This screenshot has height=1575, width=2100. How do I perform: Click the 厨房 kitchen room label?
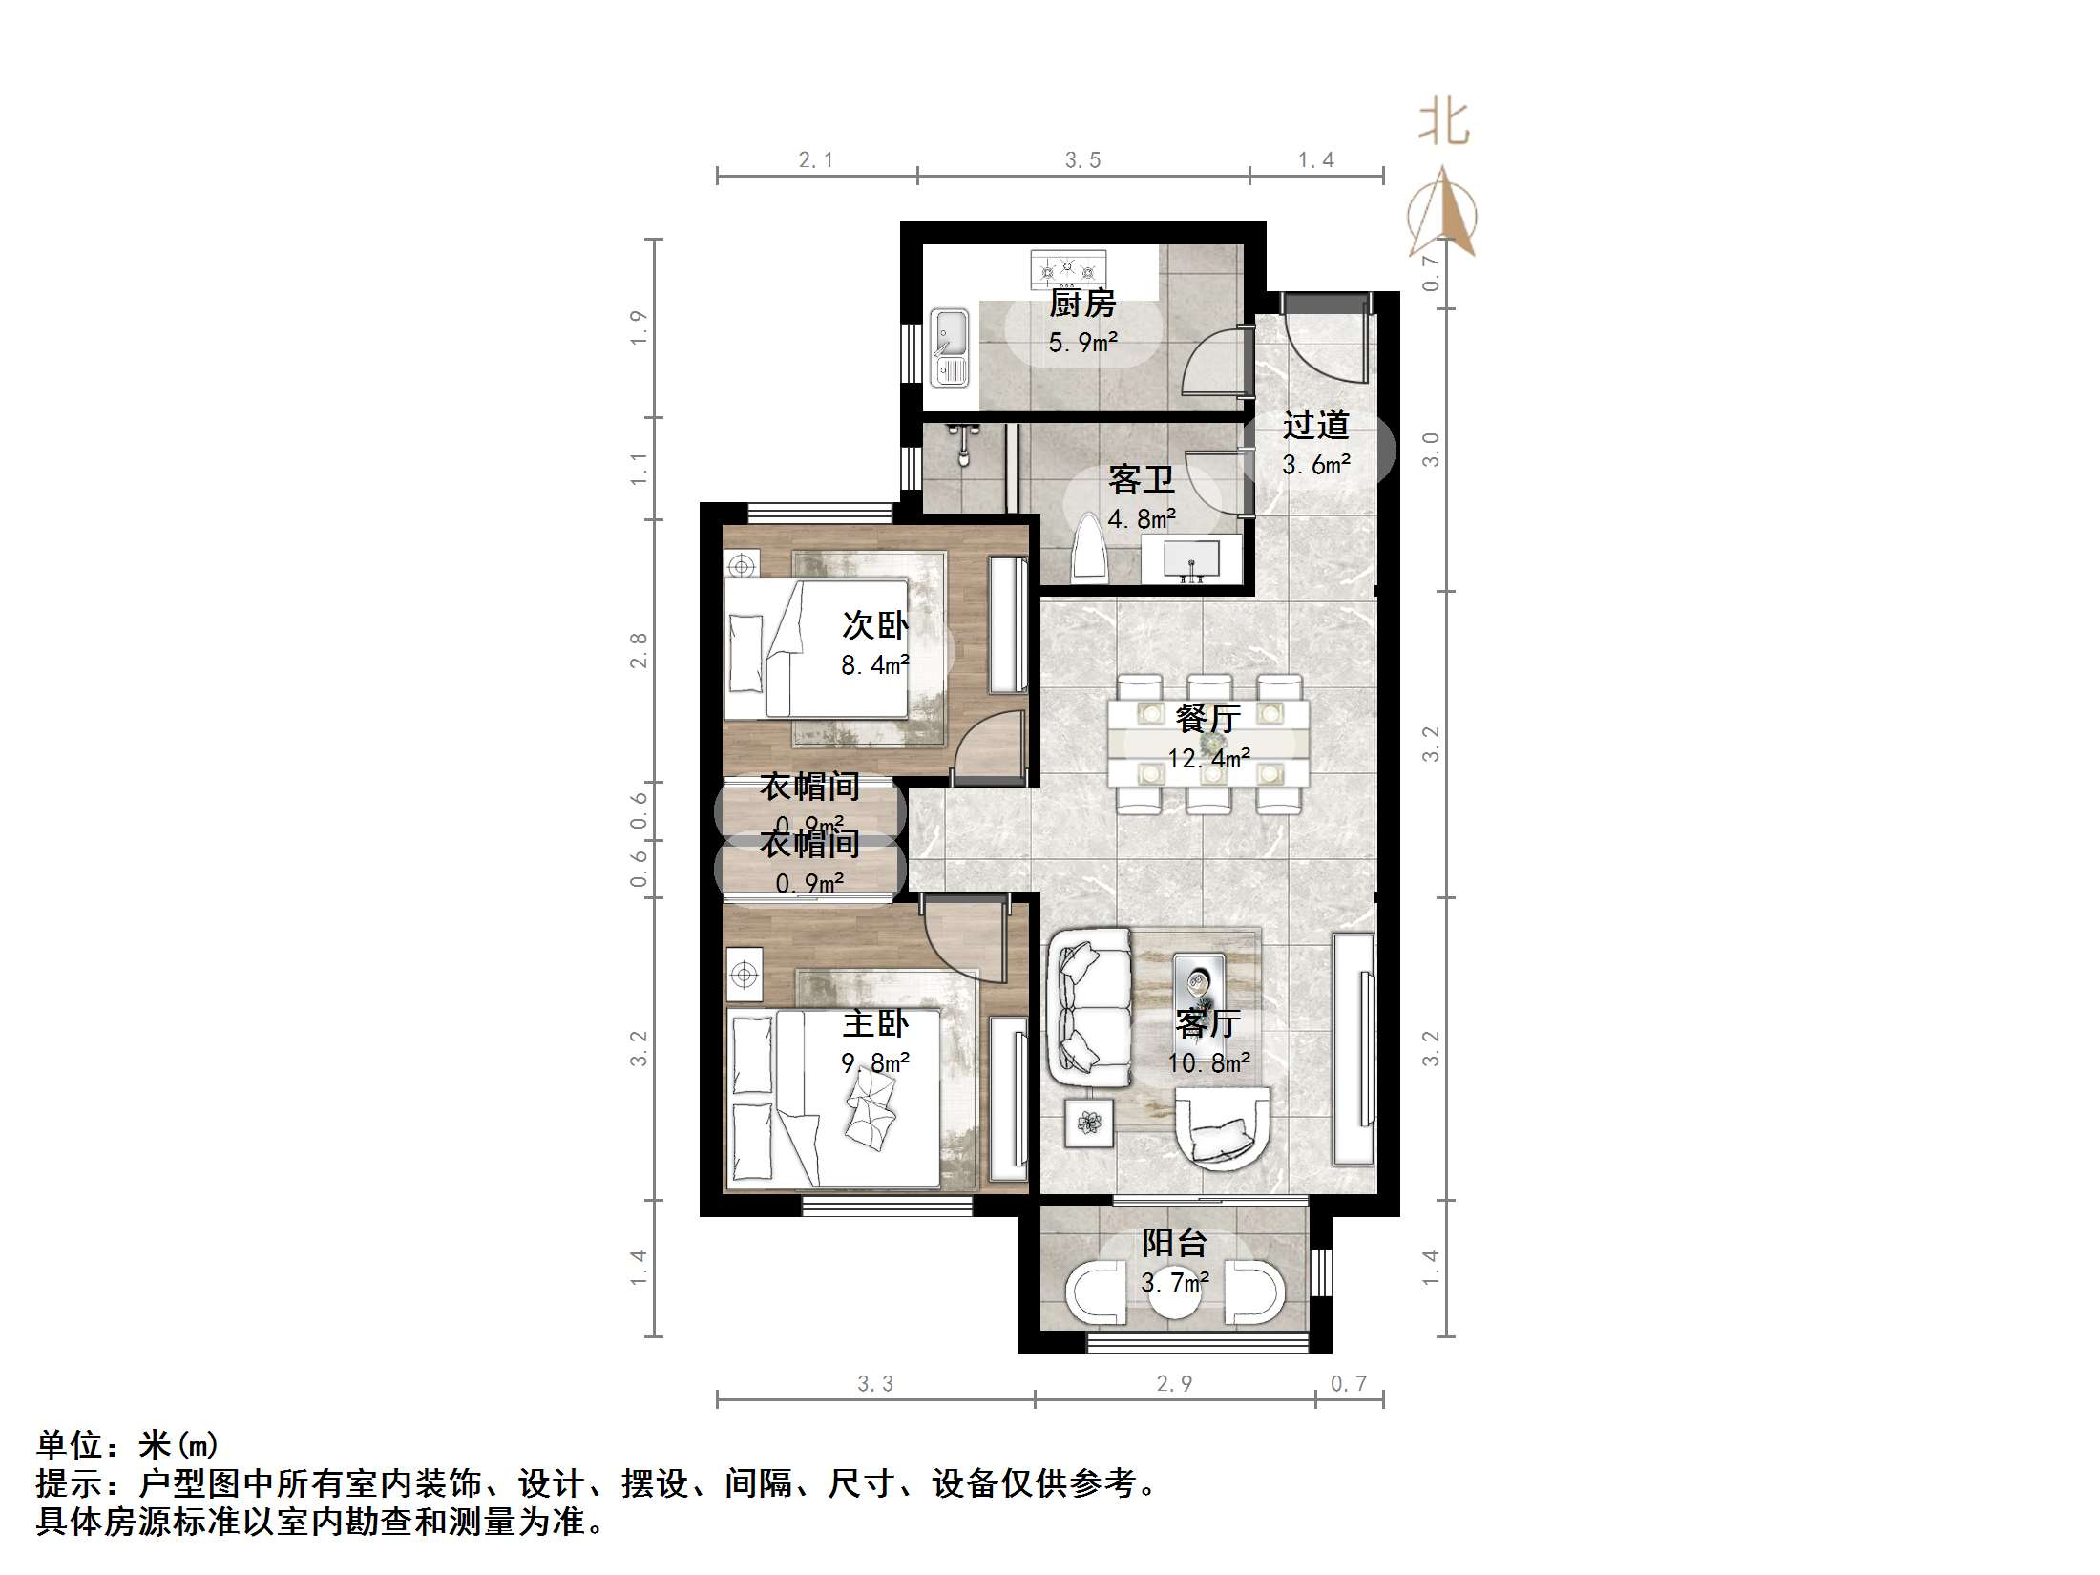tap(1081, 304)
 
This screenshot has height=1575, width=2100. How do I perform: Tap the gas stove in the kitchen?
tap(1068, 270)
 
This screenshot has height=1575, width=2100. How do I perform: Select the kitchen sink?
tap(950, 346)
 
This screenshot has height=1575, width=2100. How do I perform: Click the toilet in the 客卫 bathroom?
tap(1087, 550)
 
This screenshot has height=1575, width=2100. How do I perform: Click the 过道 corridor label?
tap(1315, 425)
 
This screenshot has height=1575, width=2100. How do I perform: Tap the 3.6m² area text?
tap(1315, 465)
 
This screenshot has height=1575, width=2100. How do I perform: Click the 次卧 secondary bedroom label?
tap(874, 625)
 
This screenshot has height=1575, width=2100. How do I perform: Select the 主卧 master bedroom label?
tap(874, 1024)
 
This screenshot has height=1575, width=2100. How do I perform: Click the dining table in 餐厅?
tap(1208, 744)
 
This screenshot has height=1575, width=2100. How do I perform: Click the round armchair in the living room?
tap(1223, 1129)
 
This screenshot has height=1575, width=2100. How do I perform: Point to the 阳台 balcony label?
tap(1174, 1243)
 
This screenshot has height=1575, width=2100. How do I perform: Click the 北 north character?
tap(1442, 123)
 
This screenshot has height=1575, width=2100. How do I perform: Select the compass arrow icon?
tap(1442, 214)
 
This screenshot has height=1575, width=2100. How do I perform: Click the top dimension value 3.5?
tap(1082, 160)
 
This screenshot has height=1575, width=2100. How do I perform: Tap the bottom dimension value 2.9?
tap(1174, 1383)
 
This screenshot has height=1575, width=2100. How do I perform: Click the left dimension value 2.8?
tap(639, 650)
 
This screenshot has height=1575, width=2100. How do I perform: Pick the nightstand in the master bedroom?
tap(744, 974)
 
